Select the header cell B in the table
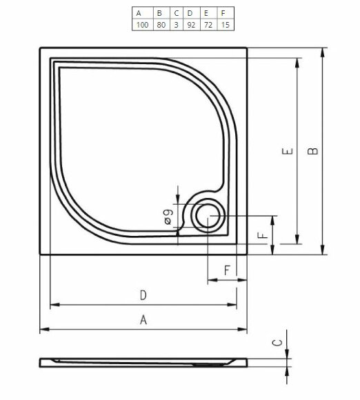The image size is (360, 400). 160,12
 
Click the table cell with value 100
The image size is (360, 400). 142,24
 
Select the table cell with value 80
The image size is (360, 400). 160,24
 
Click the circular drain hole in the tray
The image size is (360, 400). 207,217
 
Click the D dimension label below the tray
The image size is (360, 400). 143,295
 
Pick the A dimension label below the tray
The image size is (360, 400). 143,319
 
